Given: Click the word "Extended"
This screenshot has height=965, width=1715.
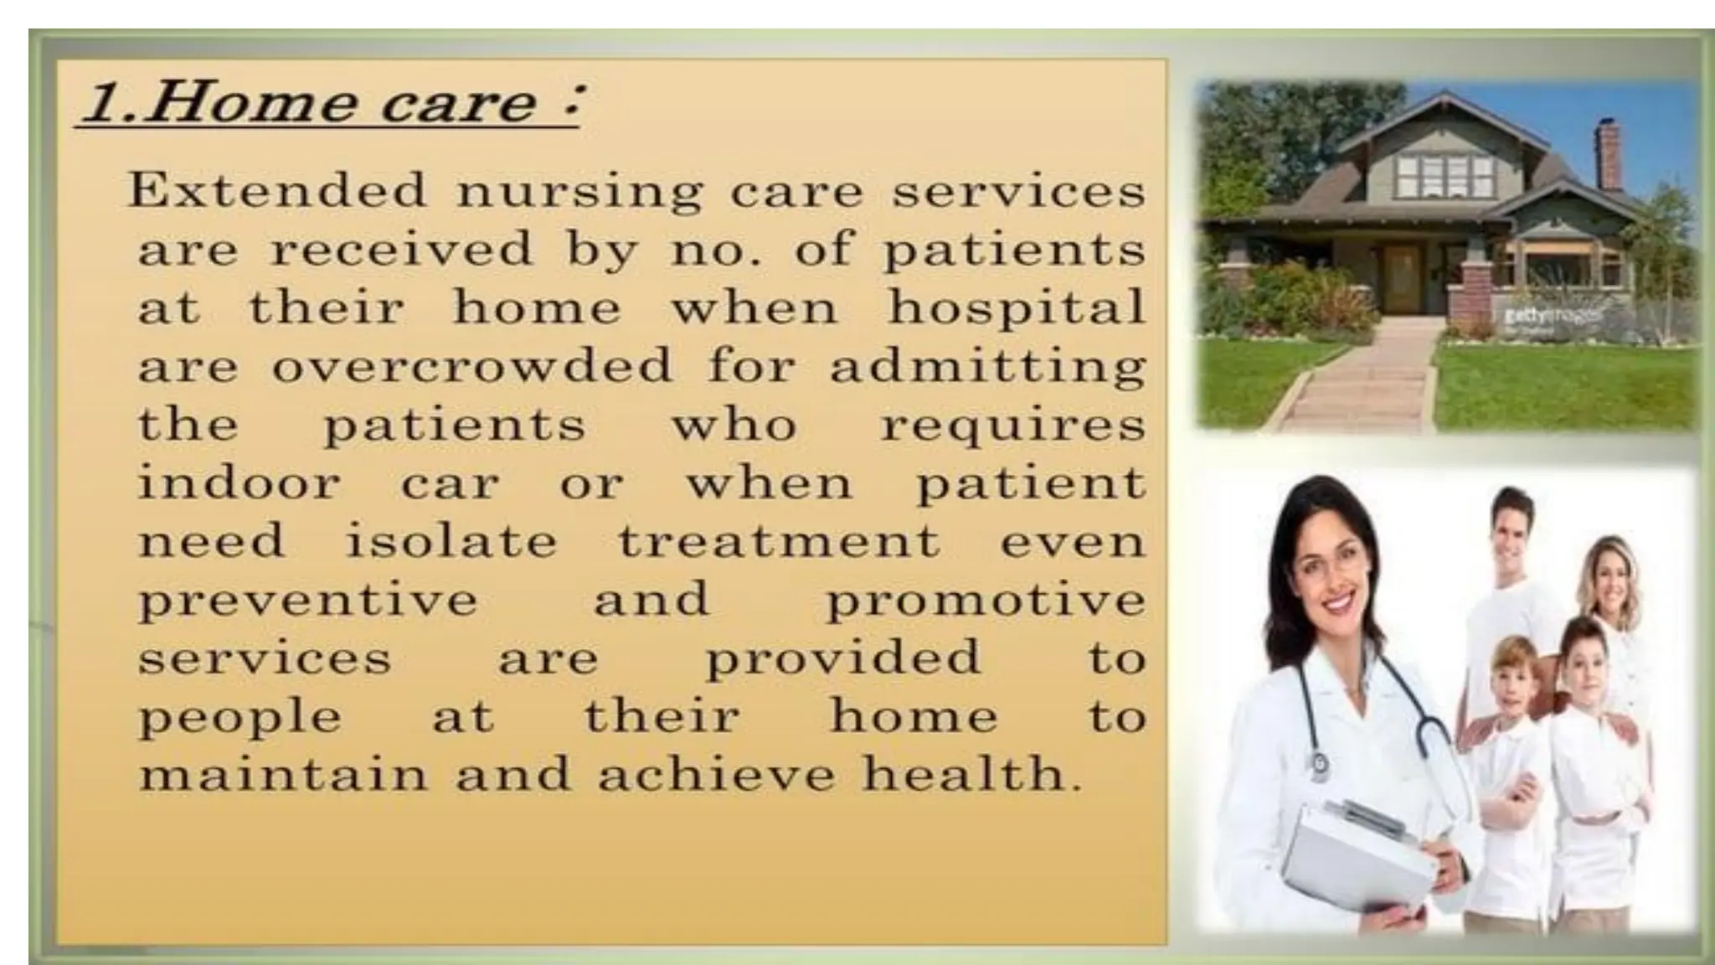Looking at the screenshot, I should point(276,191).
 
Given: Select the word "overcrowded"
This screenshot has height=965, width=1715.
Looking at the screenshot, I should point(472,367).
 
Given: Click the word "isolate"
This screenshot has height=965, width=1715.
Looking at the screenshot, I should point(451,542).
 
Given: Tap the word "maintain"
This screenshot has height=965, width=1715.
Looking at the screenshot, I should point(282,774).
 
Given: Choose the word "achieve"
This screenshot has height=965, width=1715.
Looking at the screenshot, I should point(716,774).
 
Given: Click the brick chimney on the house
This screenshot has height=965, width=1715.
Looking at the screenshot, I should point(1609,157).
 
